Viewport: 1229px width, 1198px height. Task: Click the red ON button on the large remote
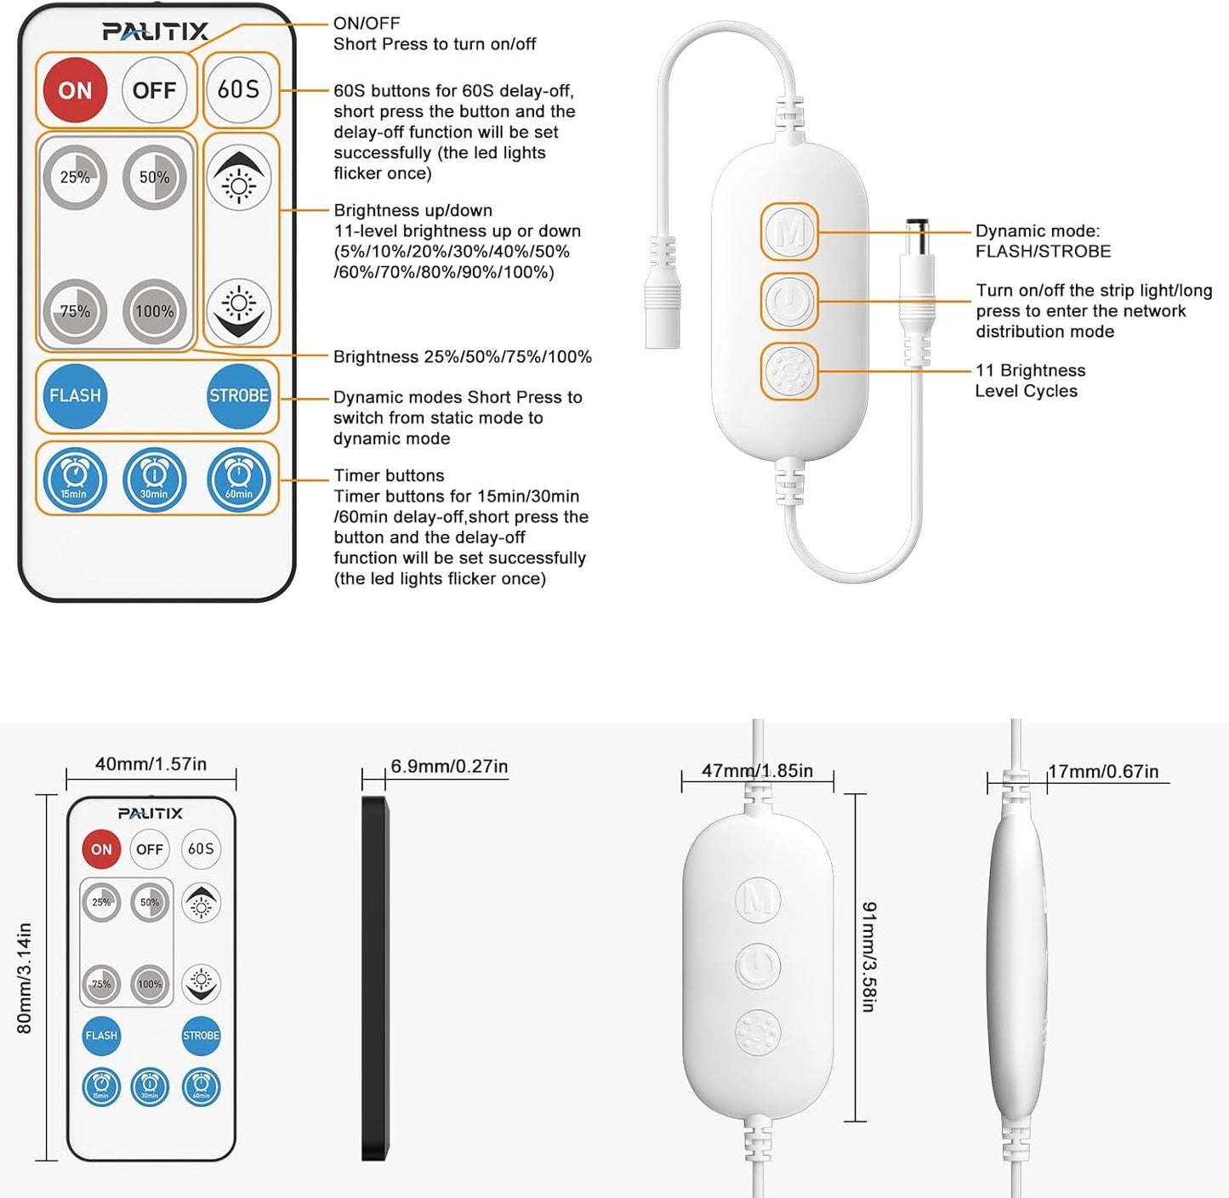click(75, 90)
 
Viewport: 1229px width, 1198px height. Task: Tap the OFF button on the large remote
click(154, 90)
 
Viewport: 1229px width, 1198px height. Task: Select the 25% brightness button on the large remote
click(75, 177)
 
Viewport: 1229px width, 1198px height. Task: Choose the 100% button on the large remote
click(154, 311)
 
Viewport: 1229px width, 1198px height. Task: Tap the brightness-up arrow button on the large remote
click(239, 178)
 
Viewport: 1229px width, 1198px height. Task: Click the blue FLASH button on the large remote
click(75, 395)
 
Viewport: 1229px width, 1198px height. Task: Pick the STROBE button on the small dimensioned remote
click(201, 1036)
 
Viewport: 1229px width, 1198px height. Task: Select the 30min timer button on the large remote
click(154, 480)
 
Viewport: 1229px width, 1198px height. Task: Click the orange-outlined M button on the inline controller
click(789, 231)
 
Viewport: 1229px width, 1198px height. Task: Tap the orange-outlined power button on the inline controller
click(789, 302)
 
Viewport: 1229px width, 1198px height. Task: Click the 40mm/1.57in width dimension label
click(151, 764)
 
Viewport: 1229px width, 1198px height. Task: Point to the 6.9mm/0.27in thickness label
click(449, 766)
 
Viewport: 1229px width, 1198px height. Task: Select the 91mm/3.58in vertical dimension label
click(868, 957)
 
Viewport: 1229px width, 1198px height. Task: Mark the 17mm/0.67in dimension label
click(1103, 771)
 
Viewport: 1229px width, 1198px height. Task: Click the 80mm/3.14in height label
click(24, 978)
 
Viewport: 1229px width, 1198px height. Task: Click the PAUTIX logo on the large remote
click(156, 32)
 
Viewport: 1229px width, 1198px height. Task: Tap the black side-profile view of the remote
click(374, 978)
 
